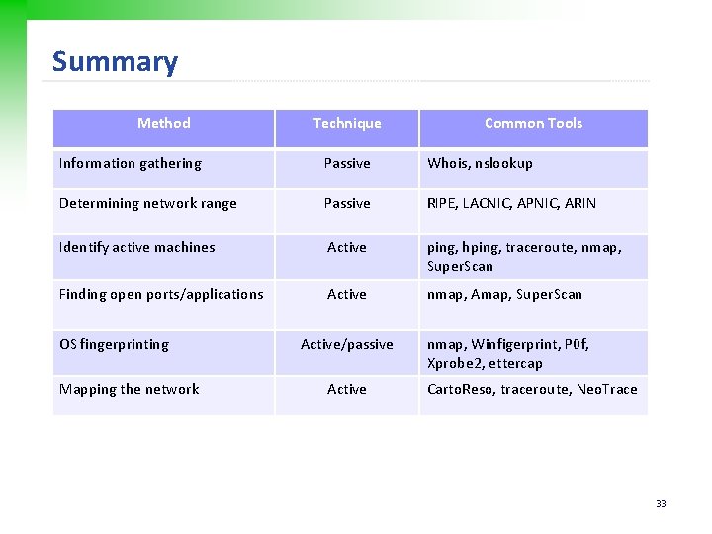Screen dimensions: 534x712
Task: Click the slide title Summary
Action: coord(115,62)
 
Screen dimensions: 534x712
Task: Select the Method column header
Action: coord(163,123)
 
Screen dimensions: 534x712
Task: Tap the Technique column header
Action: coord(346,123)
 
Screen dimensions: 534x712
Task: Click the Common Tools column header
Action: coord(533,123)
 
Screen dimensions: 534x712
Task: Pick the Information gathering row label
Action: coord(130,163)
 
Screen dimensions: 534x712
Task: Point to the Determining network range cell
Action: coord(147,203)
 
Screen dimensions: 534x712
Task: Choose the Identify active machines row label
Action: coord(136,247)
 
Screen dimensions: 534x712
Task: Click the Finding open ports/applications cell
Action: coord(161,294)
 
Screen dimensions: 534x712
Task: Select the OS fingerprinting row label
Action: coord(114,344)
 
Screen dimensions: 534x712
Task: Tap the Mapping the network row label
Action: coord(129,389)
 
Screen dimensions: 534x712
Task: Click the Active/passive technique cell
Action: coord(346,344)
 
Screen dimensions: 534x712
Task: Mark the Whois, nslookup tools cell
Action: coord(480,163)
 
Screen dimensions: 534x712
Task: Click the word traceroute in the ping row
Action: coord(551,247)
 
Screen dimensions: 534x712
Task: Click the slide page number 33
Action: coord(661,504)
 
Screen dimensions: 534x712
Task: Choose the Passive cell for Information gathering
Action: coord(346,163)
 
